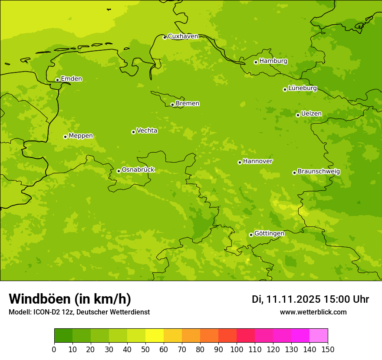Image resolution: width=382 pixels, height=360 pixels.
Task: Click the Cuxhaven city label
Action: point(183,36)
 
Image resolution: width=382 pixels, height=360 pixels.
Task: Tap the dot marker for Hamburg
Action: point(256,62)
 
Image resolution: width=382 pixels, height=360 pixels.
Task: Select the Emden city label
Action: point(71,79)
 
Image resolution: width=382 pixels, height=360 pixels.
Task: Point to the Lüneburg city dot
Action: point(285,89)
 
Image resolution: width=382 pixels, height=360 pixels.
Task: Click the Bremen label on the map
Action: point(188,104)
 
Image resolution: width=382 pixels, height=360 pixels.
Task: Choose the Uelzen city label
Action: point(311,114)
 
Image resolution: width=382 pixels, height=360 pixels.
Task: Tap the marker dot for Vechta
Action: point(133,132)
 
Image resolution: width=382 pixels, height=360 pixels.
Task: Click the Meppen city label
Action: point(81,136)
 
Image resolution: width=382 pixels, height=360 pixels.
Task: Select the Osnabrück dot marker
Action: point(119,171)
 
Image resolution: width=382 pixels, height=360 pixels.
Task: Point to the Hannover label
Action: point(258,161)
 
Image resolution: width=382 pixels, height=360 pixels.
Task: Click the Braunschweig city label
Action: point(319,172)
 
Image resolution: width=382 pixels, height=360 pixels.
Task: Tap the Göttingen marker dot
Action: point(251,235)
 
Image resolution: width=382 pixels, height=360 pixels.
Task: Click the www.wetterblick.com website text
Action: point(313,312)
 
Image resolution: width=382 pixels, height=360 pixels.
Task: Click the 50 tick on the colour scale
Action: point(145,349)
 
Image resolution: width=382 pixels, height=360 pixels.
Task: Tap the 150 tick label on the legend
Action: point(328,349)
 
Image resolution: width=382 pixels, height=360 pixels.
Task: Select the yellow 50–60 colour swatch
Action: point(155,336)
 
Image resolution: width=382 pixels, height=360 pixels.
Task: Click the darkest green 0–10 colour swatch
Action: point(63,336)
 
